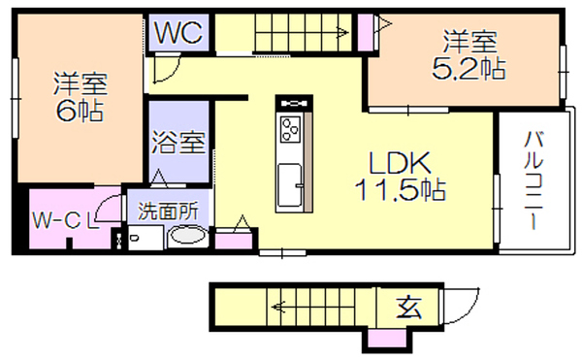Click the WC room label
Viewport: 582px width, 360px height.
[x=178, y=33]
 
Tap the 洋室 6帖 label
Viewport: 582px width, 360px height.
[x=81, y=97]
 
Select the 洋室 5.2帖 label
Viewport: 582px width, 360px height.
[x=469, y=55]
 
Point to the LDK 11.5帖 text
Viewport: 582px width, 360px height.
[x=400, y=176]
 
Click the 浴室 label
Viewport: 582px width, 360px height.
[x=178, y=142]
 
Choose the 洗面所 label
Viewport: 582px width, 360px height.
[x=169, y=212]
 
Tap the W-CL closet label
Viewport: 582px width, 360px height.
[x=66, y=220]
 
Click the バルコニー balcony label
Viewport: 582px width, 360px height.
[x=533, y=180]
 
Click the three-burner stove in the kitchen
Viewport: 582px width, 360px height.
[x=291, y=129]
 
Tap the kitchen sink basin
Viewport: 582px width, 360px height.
[x=289, y=185]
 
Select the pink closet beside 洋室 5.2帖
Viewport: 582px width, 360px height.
[x=366, y=32]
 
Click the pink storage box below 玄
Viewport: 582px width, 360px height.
[x=387, y=339]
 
